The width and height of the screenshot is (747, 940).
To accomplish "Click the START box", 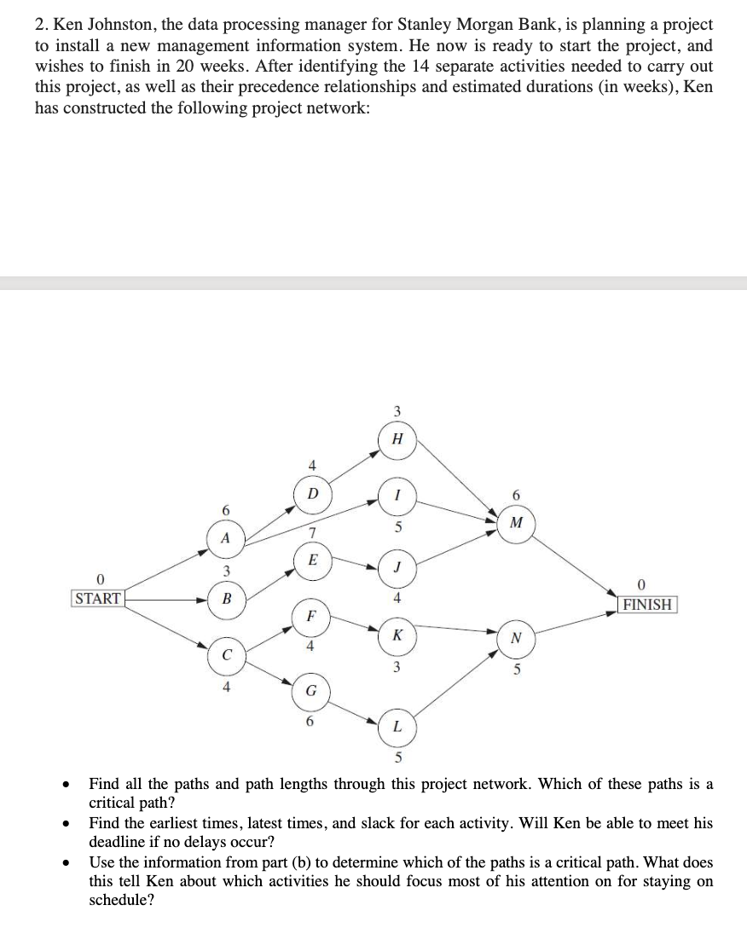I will (x=97, y=598).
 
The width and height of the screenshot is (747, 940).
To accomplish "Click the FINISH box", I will (x=647, y=604).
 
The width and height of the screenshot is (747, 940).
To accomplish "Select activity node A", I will (x=225, y=538).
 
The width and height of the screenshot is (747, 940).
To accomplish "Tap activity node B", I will (x=226, y=598).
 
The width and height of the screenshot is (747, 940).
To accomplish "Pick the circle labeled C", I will (x=225, y=656).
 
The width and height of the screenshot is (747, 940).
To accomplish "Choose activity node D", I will (x=312, y=494).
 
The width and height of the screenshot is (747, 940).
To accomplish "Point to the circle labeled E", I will (x=312, y=560).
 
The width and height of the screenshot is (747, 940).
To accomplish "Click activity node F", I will (x=311, y=615).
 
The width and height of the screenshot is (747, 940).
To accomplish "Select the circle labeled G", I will (x=311, y=689).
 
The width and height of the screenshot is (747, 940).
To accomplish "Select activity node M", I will (x=515, y=522).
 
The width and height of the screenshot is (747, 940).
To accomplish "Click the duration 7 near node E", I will (x=312, y=532).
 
